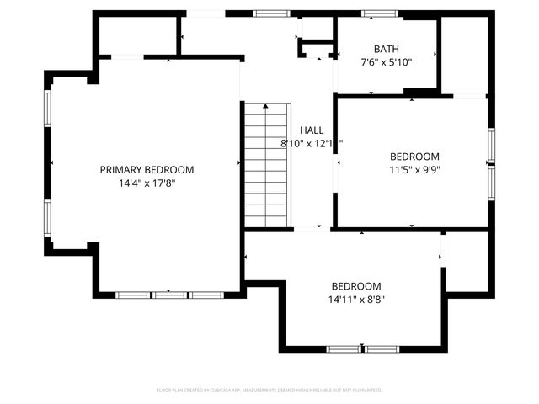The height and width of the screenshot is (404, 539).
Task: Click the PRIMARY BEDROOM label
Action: [147, 169]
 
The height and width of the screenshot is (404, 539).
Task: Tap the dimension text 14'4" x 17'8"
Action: [147, 182]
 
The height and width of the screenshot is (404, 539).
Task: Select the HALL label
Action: [312, 130]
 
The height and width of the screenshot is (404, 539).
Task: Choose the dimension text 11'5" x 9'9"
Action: [414, 169]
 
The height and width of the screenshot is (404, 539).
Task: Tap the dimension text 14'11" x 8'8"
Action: [355, 299]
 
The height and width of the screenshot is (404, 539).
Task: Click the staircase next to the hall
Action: [266, 164]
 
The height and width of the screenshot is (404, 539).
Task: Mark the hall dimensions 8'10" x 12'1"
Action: [312, 143]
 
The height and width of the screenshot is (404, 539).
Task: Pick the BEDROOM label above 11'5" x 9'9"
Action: [414, 157]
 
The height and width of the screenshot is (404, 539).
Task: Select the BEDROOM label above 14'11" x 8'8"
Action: [355, 286]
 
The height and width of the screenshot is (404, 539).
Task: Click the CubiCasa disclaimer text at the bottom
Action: [269, 391]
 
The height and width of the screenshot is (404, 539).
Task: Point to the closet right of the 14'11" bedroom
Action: [467, 261]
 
